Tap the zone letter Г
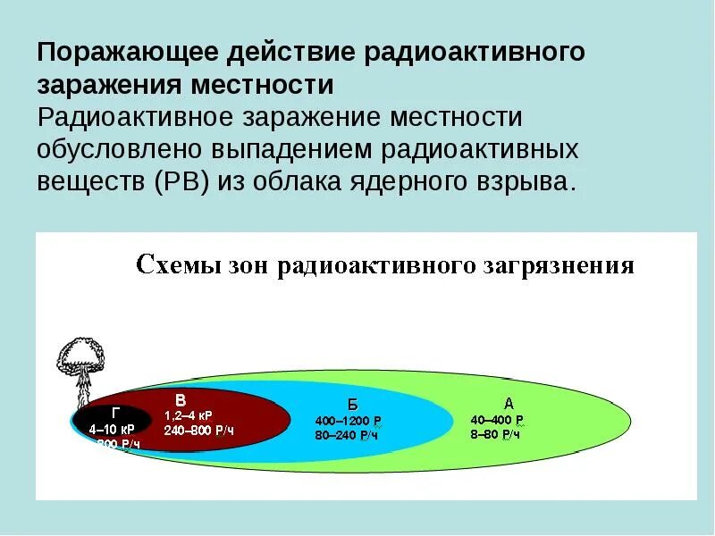(x=115, y=413)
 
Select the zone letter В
(x=181, y=399)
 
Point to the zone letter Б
(x=352, y=404)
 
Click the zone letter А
(x=509, y=403)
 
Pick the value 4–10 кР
(x=111, y=429)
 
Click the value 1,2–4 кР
(x=188, y=416)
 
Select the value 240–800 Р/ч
(x=198, y=431)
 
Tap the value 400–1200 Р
(x=349, y=421)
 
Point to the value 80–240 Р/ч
(x=348, y=435)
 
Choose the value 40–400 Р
(x=497, y=420)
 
